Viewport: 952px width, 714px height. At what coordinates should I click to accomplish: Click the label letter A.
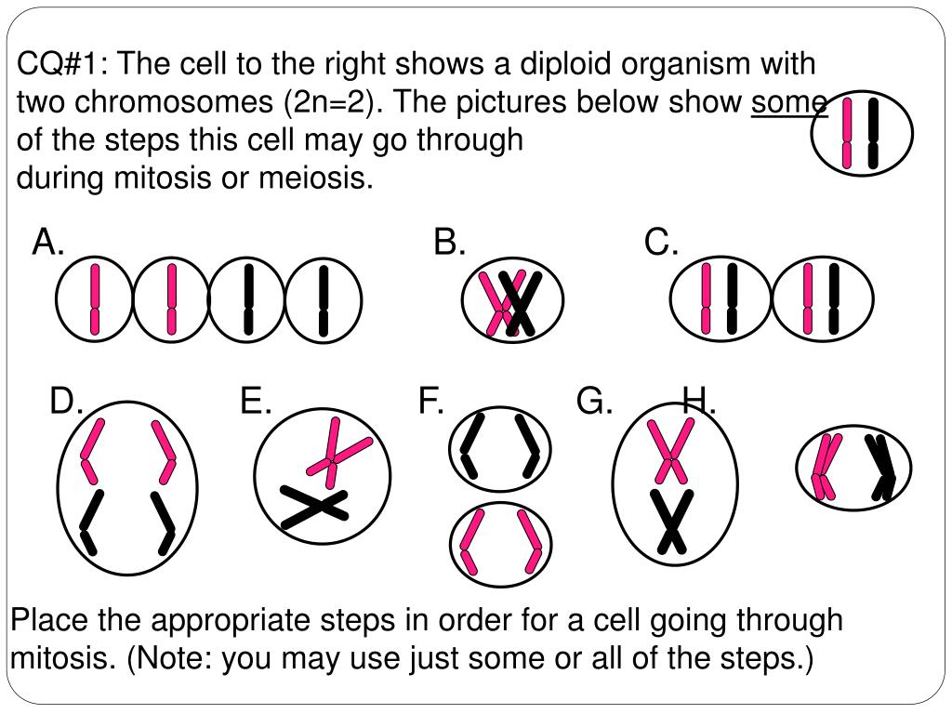click(47, 244)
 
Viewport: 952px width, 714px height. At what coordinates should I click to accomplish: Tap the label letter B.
click(449, 244)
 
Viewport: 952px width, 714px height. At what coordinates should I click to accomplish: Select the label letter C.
click(661, 244)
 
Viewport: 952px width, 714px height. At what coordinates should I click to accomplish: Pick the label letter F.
click(430, 402)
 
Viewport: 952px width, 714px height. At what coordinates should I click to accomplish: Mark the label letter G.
click(594, 402)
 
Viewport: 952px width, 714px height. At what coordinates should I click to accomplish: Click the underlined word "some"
click(788, 101)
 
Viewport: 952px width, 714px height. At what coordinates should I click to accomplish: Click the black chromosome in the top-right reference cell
click(872, 133)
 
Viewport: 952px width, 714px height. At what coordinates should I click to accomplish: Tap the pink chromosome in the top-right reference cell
click(847, 133)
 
